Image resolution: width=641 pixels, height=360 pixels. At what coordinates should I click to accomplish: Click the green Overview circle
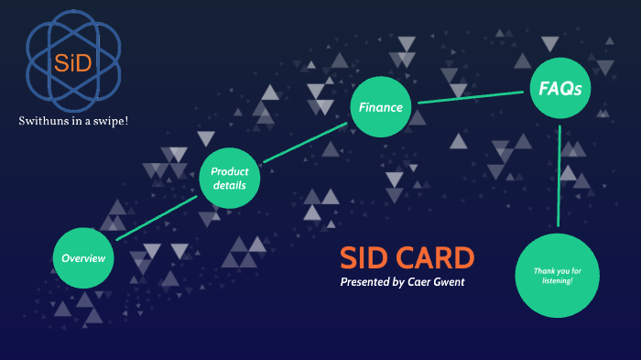coord(83,257)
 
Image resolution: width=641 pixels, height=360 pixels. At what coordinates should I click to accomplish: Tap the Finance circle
coord(380,107)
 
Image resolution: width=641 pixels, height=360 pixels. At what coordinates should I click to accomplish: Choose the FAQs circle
coord(559,89)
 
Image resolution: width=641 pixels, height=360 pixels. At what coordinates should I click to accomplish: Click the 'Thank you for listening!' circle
coord(557,276)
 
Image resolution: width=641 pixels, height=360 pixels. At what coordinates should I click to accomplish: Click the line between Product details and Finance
coord(305,142)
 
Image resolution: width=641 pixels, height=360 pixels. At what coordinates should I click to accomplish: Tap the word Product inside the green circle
coord(230,171)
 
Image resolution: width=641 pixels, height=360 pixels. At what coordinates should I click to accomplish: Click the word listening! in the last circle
coord(557,281)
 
